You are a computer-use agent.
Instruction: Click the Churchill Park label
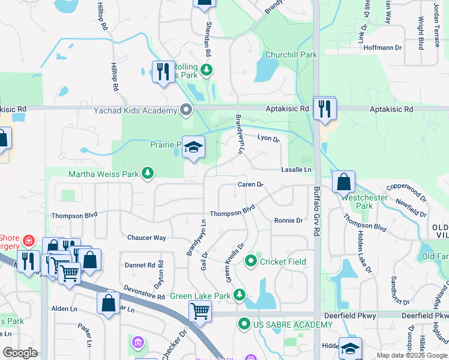click(x=291, y=55)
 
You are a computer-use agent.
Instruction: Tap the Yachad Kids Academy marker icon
click(x=186, y=110)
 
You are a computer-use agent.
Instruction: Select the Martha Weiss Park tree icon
click(x=147, y=174)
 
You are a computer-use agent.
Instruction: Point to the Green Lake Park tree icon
click(x=240, y=295)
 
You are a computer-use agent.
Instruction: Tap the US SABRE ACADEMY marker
click(x=244, y=325)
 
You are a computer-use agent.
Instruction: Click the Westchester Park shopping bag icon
click(x=343, y=182)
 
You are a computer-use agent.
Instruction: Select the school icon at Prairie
click(x=193, y=147)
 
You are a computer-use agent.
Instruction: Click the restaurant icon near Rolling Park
click(x=163, y=72)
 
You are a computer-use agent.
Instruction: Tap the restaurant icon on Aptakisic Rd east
click(x=325, y=108)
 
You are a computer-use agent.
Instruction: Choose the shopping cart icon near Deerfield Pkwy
click(x=200, y=311)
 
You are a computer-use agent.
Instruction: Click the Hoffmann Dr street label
click(x=381, y=47)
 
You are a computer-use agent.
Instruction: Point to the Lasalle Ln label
click(x=297, y=170)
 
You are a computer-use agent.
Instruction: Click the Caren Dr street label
click(x=250, y=184)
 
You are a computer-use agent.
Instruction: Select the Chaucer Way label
click(x=146, y=238)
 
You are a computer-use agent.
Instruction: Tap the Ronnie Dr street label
click(x=288, y=221)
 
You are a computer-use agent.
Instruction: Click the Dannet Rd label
click(x=140, y=265)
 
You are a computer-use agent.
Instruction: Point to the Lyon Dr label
click(x=268, y=139)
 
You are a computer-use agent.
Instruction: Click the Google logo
click(x=21, y=353)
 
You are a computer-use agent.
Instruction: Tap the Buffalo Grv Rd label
click(x=317, y=209)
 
